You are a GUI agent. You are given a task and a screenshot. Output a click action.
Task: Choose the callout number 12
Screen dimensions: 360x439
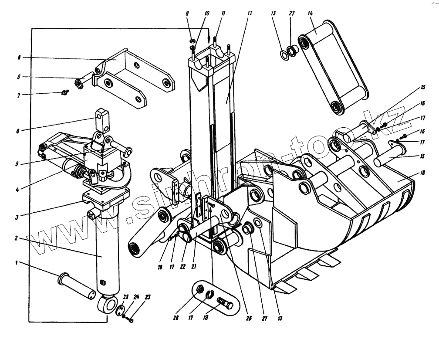[x=250, y=14]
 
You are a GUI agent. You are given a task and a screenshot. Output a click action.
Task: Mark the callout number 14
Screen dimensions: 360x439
[x=311, y=14]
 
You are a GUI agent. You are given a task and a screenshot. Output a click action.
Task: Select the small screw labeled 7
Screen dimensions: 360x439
[x=65, y=92]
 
